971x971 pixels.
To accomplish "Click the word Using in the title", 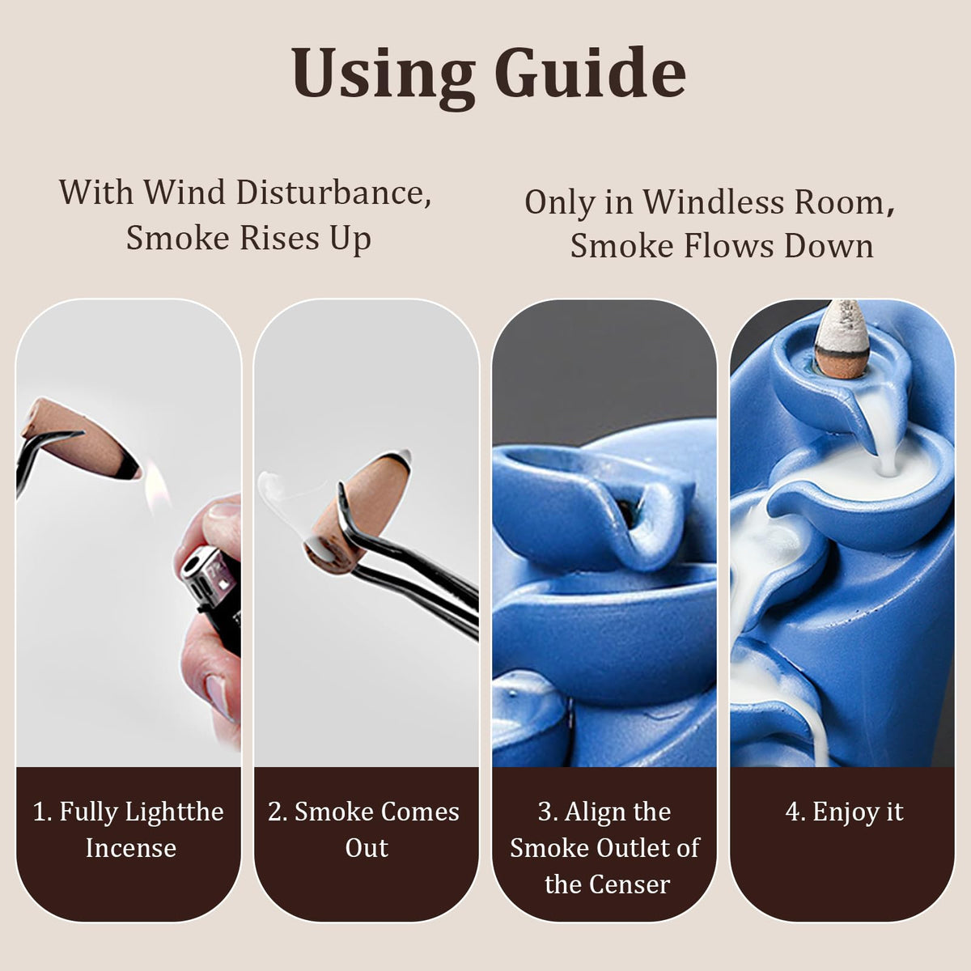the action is (383, 74).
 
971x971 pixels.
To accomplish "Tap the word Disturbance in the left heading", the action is (333, 193).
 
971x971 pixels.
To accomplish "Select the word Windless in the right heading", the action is (713, 202).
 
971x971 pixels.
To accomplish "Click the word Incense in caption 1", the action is (131, 847).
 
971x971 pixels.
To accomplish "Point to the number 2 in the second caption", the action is (275, 812).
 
